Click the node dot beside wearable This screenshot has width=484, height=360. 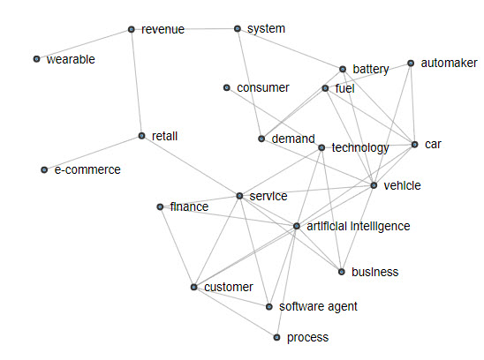(x=37, y=59)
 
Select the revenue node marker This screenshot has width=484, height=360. (x=132, y=29)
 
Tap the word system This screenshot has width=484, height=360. (x=266, y=29)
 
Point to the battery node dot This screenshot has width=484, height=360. (x=343, y=69)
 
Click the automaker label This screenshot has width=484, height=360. (x=450, y=63)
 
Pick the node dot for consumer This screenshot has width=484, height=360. (x=227, y=87)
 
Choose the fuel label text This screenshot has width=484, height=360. (x=344, y=88)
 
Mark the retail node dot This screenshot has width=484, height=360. (x=141, y=136)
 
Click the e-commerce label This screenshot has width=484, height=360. (x=87, y=169)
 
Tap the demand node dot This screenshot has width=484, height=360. (x=261, y=139)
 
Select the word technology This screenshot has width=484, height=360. (x=360, y=147)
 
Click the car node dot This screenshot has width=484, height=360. (x=415, y=145)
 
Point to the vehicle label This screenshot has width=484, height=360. (x=402, y=185)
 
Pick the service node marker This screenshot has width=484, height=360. (x=239, y=196)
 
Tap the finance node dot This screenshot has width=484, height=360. (x=160, y=206)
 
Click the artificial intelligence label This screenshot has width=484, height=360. (x=359, y=226)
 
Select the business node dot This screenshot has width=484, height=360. (x=342, y=272)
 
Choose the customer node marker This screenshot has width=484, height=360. (x=193, y=287)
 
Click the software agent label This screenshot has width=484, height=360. (x=318, y=307)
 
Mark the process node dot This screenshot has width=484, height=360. (x=276, y=337)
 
